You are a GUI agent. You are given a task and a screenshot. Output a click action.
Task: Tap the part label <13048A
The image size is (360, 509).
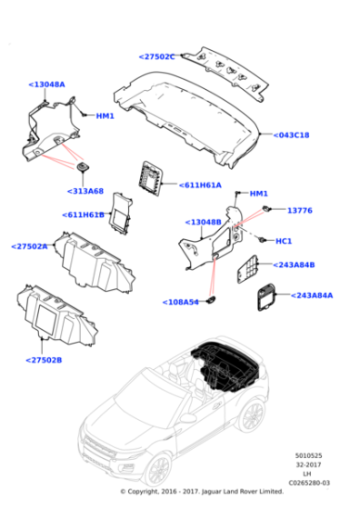(x=46, y=85)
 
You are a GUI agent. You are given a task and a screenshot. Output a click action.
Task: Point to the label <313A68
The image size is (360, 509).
(x=85, y=191)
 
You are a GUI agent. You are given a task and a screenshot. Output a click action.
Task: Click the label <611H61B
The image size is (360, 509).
(x=84, y=215)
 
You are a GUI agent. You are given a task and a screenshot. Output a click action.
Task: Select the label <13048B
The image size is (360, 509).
(x=203, y=222)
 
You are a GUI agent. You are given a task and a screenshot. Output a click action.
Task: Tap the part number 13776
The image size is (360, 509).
(x=300, y=210)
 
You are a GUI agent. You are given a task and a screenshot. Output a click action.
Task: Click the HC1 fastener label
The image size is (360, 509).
(x=283, y=242)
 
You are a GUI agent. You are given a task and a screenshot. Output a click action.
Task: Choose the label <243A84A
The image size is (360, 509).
(x=311, y=295)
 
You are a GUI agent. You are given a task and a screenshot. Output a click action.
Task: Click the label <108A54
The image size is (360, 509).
(x=181, y=302)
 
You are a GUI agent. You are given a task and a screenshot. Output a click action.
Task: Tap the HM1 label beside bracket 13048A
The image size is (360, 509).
(x=105, y=116)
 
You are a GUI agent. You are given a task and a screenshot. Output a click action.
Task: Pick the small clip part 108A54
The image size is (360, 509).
(x=212, y=300)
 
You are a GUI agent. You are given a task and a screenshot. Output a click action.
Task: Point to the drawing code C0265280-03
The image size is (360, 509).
(x=311, y=483)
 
